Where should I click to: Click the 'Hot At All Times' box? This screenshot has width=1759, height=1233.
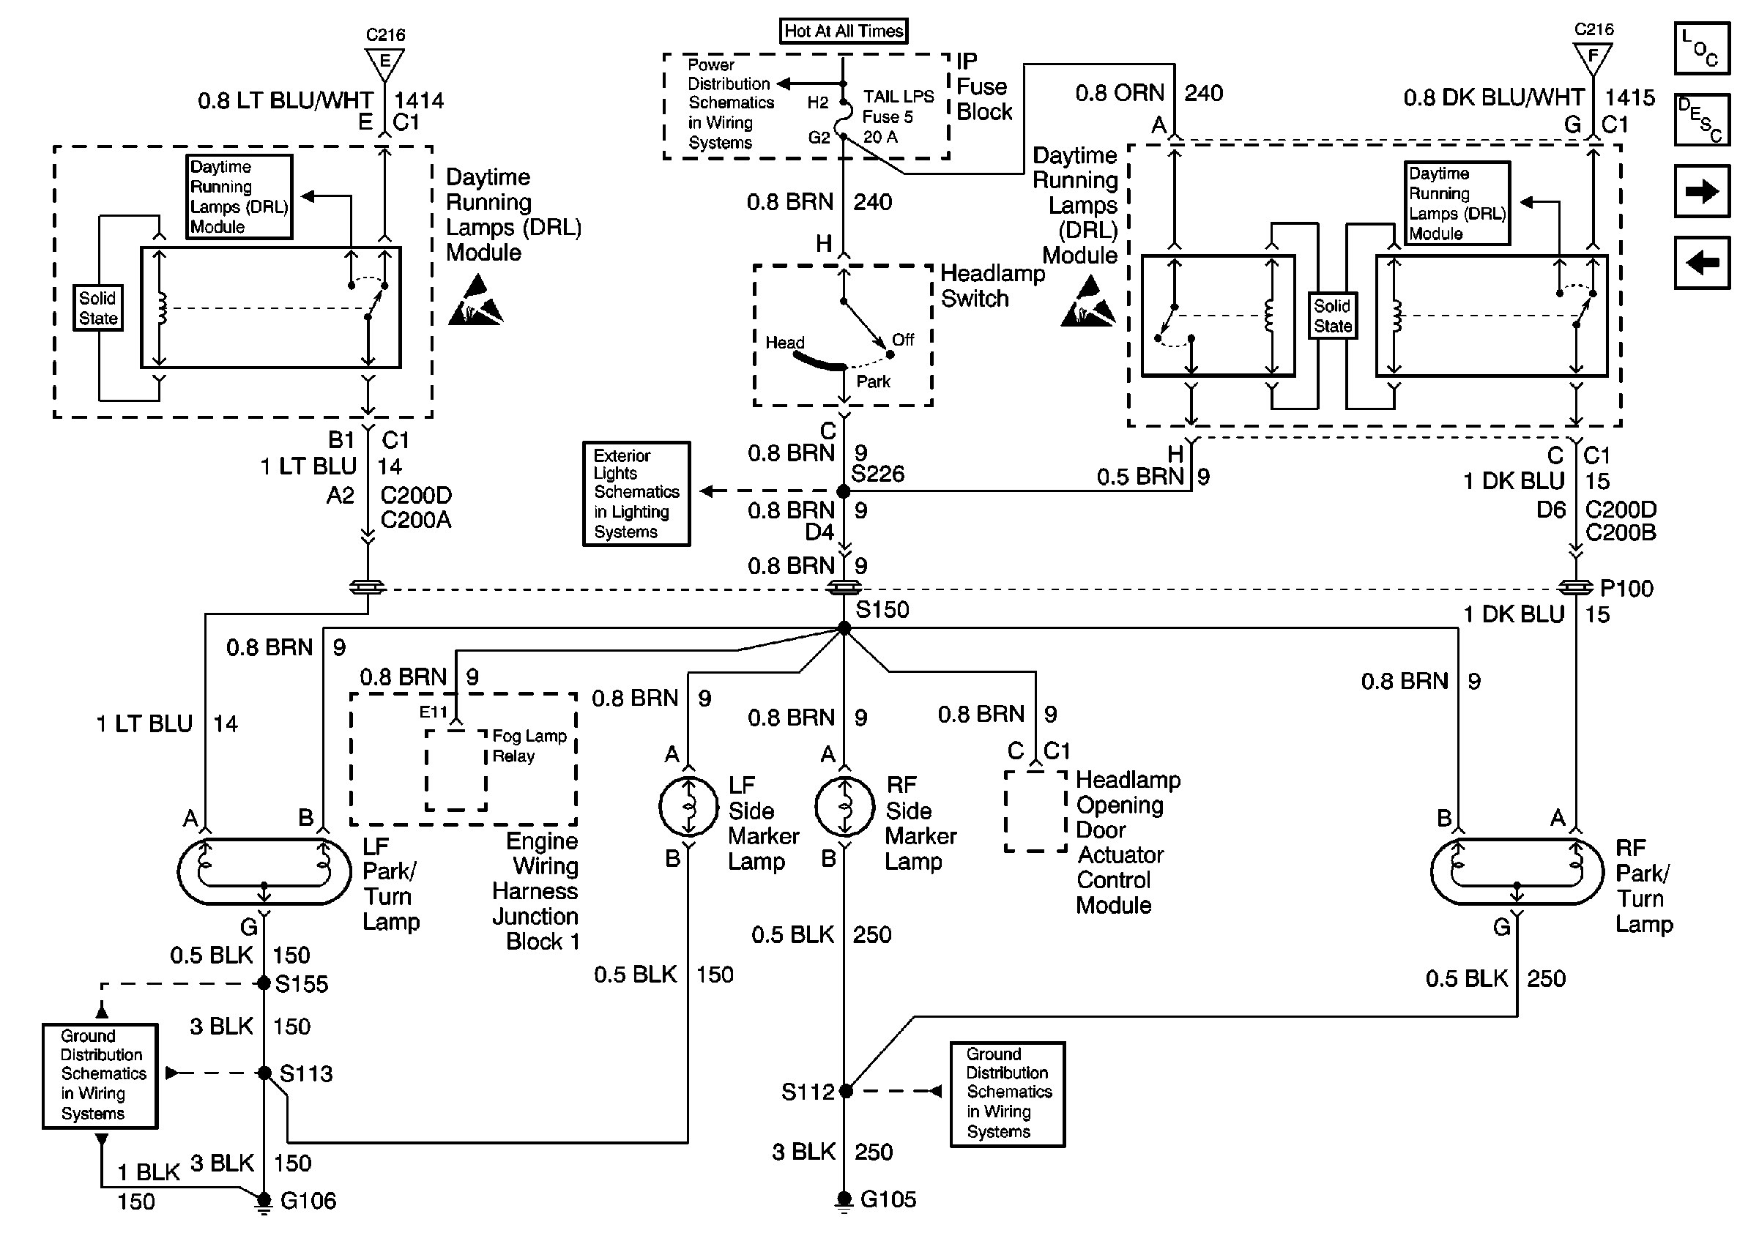click(844, 31)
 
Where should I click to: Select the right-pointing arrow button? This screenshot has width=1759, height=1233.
click(1702, 191)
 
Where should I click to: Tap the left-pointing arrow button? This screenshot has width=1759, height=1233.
click(1702, 263)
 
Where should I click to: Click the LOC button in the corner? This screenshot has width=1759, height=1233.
click(1702, 49)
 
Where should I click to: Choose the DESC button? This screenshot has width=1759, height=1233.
click(1702, 119)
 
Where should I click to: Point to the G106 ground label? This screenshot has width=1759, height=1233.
click(308, 1200)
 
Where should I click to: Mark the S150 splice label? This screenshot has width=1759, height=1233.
click(882, 610)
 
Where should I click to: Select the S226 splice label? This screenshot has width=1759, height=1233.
click(878, 474)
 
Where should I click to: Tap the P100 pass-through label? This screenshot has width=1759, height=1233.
click(1626, 588)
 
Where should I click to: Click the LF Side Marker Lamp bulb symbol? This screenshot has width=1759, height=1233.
click(689, 806)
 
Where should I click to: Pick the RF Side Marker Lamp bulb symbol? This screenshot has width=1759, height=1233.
click(844, 806)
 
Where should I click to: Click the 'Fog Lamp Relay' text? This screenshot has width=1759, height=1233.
click(529, 746)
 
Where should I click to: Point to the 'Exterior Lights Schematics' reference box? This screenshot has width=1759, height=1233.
click(636, 493)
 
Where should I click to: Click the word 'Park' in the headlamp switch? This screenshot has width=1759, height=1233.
click(874, 381)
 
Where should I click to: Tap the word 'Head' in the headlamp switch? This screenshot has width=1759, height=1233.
click(784, 343)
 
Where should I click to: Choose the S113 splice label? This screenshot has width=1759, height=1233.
click(305, 1073)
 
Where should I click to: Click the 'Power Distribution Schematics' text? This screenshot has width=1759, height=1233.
click(730, 103)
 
